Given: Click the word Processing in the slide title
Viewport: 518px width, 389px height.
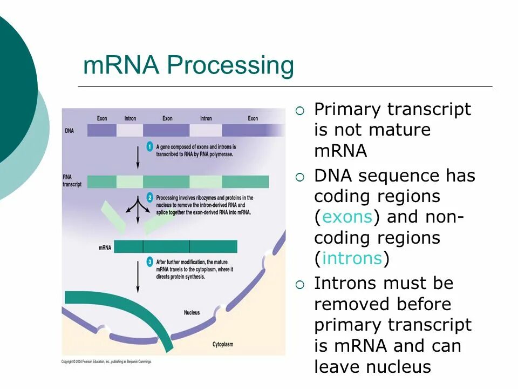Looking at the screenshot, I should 230,66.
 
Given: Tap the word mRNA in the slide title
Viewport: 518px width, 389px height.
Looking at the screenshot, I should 122,66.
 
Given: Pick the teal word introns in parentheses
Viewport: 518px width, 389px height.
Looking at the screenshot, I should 352,259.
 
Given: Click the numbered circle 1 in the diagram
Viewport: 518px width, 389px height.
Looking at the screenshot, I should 150,147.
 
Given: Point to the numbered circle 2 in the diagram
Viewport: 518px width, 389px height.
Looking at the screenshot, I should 150,198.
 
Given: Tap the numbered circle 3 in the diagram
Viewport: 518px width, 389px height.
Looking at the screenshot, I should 150,263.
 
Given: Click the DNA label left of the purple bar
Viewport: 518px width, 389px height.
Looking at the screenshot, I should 69,131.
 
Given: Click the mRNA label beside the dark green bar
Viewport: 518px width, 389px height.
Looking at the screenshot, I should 105,248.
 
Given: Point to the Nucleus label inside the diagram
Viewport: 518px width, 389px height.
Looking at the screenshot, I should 192,312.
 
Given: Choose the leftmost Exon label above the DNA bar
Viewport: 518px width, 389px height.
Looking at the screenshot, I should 102,118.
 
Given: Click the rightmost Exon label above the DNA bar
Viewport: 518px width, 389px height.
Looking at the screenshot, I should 253,118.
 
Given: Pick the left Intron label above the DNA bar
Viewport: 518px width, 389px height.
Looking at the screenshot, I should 130,118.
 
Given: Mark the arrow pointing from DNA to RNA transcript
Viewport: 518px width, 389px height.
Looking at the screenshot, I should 138,156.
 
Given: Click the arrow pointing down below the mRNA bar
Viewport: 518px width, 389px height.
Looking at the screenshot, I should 138,276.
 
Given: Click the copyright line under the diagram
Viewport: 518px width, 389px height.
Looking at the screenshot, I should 106,361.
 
